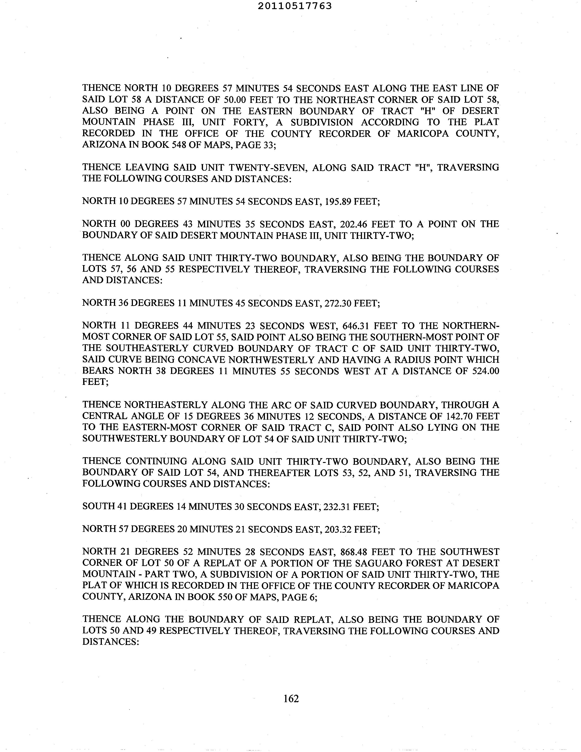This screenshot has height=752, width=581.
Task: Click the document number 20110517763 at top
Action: point(295,6)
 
